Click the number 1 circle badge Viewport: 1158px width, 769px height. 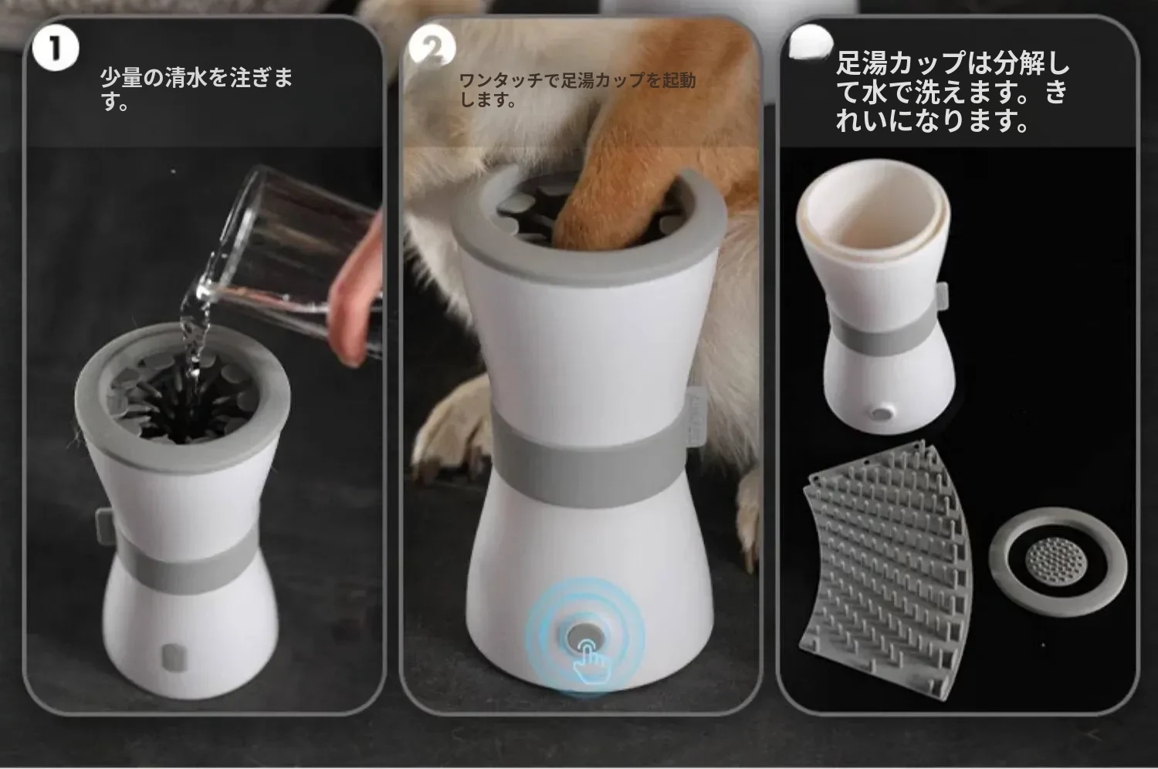click(56, 49)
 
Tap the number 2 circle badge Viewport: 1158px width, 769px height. click(432, 48)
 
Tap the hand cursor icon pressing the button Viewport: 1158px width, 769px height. click(591, 662)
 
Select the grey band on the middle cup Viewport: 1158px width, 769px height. click(589, 465)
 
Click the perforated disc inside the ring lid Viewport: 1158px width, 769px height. click(1055, 561)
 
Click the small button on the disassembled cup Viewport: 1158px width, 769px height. click(882, 413)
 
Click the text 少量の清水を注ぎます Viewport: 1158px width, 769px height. click(196, 88)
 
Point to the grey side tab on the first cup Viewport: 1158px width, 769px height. click(105, 526)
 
